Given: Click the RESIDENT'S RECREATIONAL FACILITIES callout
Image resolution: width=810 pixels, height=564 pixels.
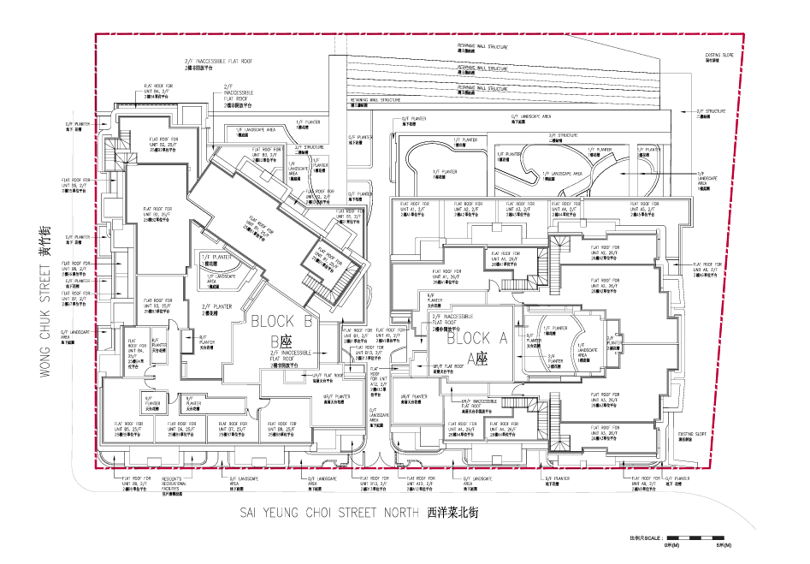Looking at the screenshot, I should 180,485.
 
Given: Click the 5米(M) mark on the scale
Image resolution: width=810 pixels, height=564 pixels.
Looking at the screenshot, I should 721,544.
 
